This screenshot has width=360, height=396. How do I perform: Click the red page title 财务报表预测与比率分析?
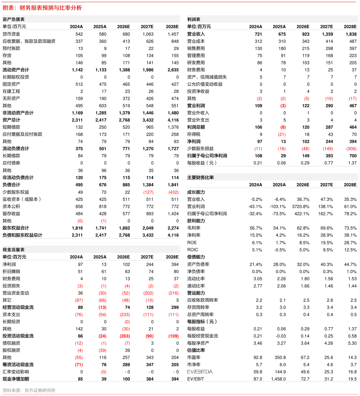tap(50, 8)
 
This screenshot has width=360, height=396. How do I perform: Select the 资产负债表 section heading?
tap(14, 19)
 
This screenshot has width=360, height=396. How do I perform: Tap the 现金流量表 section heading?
tap(14, 250)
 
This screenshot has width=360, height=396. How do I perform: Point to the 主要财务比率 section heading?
tap(200, 178)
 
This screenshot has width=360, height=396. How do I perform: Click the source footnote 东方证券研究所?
tap(40, 390)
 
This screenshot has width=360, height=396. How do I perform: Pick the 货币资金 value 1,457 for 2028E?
tap(173, 34)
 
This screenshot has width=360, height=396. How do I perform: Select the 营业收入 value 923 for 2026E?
tap(306, 34)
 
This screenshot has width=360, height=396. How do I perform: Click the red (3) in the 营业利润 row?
tap(283, 106)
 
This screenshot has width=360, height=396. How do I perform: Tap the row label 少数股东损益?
tap(200, 148)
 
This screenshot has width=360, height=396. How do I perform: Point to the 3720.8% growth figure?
tap(300, 207)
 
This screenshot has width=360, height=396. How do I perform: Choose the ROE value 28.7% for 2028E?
tap(350, 243)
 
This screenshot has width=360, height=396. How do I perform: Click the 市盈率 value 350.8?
tap(280, 357)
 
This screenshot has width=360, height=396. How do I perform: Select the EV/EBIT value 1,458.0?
tap(278, 379)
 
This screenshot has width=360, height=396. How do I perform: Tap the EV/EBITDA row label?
tap(200, 372)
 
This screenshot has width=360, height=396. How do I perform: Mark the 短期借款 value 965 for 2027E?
tap(150, 127)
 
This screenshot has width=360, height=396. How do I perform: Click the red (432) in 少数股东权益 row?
tap(174, 192)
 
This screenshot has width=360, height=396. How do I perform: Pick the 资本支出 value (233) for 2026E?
tap(125, 314)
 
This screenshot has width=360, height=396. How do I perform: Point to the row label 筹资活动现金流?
tap(18, 364)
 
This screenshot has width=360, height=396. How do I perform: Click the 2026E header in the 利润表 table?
tap(303, 27)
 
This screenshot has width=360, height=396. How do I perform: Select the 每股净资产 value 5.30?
tap(352, 343)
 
